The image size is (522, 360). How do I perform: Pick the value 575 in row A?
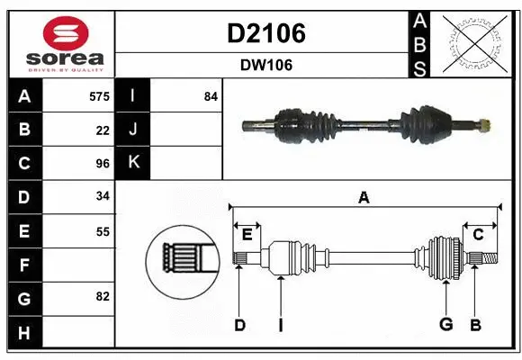tap(99, 95)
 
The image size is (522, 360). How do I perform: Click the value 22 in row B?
tap(103, 130)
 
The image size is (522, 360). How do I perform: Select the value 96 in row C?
tap(103, 164)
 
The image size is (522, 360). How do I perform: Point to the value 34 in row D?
tap(103, 197)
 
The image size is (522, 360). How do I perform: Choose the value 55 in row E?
tap(103, 231)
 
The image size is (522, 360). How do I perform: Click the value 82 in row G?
tap(103, 297)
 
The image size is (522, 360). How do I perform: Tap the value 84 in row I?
tap(211, 95)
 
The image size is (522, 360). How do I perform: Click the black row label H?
tap(23, 332)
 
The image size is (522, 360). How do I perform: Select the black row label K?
tap(133, 163)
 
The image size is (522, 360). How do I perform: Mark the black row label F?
tap(23, 265)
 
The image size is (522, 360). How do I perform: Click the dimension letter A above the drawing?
tap(364, 197)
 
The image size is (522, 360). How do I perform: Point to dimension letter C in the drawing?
tap(479, 234)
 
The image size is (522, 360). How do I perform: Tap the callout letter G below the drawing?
tap(445, 325)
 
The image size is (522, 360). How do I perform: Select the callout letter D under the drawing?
tap(239, 325)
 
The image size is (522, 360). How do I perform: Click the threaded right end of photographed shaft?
tap(483, 124)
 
